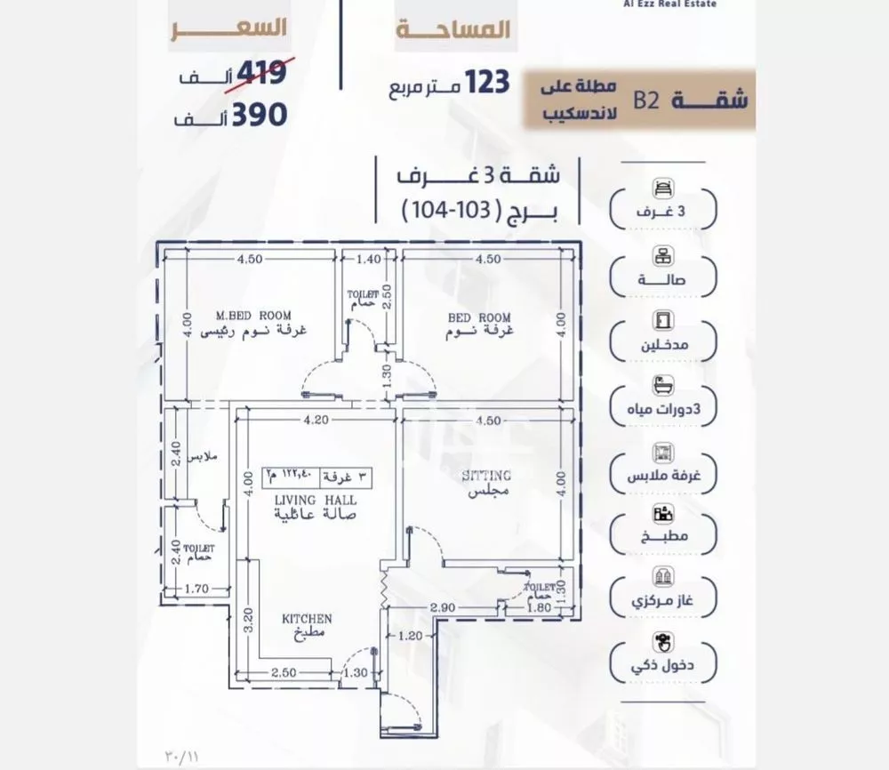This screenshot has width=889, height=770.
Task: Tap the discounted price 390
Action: pyautogui.click(x=259, y=114)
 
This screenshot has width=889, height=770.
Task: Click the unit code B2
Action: pyautogui.click(x=645, y=98)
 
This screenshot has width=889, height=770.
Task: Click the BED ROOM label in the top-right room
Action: pyautogui.click(x=480, y=317)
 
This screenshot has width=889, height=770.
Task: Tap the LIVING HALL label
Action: pyautogui.click(x=304, y=499)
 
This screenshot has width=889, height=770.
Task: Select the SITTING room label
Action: pyautogui.click(x=486, y=476)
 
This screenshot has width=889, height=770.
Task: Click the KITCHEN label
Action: pyautogui.click(x=307, y=618)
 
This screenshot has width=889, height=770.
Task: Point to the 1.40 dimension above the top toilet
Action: pyautogui.click(x=368, y=260)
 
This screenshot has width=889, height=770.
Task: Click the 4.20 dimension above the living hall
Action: pyautogui.click(x=316, y=421)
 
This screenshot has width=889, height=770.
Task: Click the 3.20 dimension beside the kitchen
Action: pyautogui.click(x=250, y=619)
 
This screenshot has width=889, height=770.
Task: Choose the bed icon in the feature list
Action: pyautogui.click(x=662, y=188)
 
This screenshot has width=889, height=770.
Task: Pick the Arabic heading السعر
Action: pyautogui.click(x=231, y=27)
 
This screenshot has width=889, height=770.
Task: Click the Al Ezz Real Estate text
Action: pyautogui.click(x=670, y=4)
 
